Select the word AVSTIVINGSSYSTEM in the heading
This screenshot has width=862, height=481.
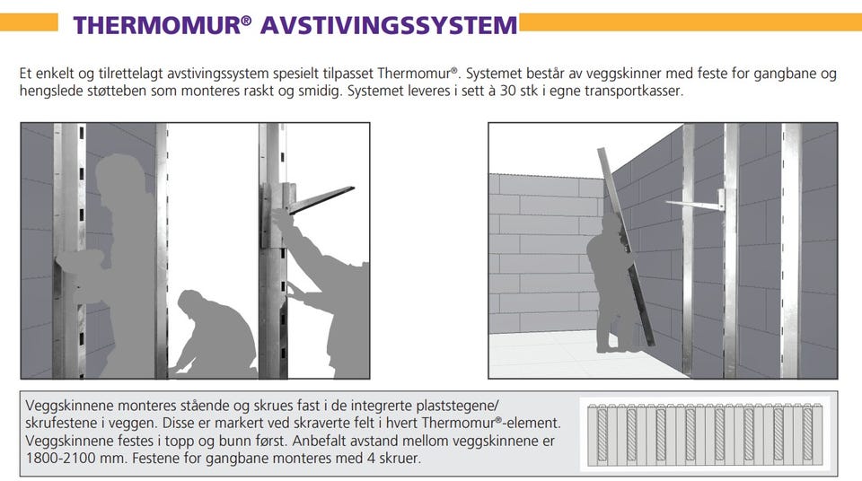click(389, 25)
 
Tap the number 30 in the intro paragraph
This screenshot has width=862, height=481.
click(507, 91)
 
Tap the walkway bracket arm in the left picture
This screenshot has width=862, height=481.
click(321, 199)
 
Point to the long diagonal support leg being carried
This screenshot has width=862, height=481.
click(626, 246)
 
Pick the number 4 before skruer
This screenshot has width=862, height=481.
click(369, 459)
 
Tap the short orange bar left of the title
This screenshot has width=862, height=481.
click(29, 22)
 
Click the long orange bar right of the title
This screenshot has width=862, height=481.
click(690, 22)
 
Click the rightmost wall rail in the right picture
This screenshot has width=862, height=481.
click(791, 250)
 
